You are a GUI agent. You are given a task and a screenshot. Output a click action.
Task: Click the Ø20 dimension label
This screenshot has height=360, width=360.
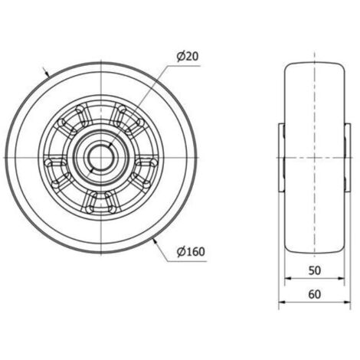188,57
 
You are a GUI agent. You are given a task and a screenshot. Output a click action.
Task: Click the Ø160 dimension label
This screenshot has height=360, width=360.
191,252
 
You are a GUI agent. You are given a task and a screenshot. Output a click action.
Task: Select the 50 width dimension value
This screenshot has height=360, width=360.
314,270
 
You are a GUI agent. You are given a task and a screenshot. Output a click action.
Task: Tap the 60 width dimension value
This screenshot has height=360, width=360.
314,294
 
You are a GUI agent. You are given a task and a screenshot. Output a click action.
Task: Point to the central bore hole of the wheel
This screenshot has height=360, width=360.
101,158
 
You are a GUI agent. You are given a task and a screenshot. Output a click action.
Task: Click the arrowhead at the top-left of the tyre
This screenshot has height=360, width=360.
47,74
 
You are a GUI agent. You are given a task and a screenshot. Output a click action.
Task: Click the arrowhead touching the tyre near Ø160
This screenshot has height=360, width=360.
155,241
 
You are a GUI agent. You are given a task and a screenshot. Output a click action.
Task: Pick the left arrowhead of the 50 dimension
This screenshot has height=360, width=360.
288,279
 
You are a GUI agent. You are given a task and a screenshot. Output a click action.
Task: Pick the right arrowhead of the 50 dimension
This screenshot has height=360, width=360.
341,279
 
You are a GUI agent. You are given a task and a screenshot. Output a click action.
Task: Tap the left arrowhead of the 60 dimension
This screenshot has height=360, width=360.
282,303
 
